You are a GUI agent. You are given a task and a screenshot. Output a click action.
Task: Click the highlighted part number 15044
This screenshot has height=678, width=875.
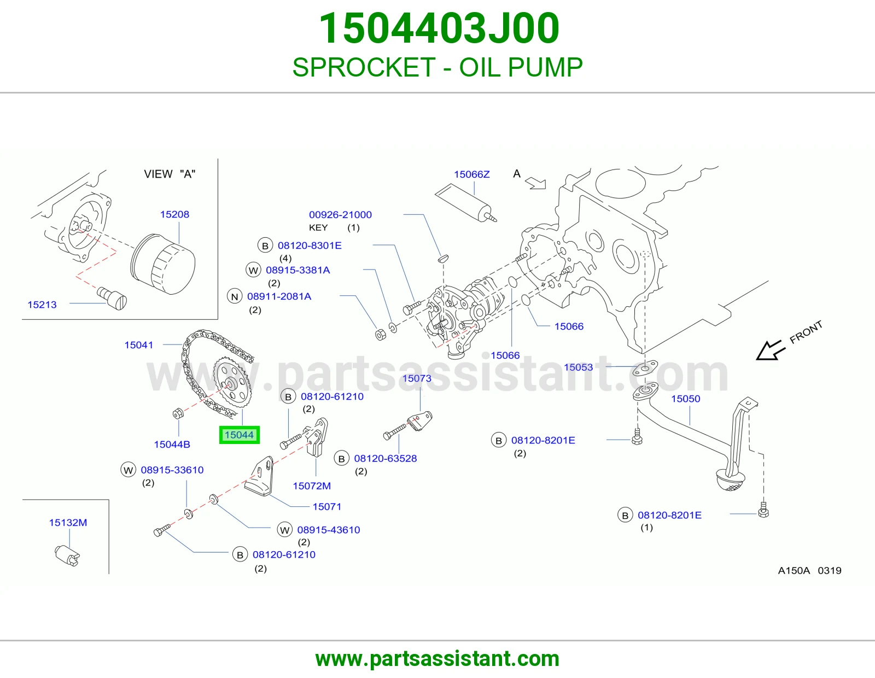click(x=239, y=435)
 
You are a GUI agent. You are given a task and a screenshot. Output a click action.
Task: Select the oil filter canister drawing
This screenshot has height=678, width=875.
click(x=163, y=264)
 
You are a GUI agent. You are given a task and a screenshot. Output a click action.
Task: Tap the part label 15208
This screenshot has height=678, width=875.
click(x=174, y=214)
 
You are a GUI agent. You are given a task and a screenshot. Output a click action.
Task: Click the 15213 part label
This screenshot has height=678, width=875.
click(x=42, y=305)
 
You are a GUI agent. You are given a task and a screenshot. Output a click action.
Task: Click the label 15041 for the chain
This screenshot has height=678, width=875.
click(x=138, y=345)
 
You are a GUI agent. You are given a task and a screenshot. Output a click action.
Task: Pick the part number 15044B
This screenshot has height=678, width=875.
click(x=172, y=445)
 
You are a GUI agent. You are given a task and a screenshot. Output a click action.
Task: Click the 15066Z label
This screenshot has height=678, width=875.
click(x=472, y=174)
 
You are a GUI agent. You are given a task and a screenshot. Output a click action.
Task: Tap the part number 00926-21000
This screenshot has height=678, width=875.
click(x=340, y=214)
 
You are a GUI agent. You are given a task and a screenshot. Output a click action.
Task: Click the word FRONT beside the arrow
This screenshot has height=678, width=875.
click(x=806, y=332)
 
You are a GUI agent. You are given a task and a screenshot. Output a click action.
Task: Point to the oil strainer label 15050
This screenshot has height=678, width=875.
click(x=685, y=399)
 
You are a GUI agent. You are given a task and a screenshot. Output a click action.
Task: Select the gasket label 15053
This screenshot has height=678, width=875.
click(x=578, y=367)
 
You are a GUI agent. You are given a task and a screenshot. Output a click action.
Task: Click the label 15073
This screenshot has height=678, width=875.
click(x=417, y=378)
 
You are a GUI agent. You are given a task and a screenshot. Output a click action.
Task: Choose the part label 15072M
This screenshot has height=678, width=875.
click(x=312, y=486)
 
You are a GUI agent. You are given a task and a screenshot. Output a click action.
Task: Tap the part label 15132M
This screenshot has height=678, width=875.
click(x=68, y=523)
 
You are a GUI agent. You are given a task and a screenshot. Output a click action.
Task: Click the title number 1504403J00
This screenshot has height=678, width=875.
click(x=439, y=28)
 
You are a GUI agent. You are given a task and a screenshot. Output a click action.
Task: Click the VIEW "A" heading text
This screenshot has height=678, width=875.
click(x=170, y=174)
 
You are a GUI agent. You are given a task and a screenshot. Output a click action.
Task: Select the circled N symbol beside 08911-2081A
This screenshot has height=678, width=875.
click(x=235, y=297)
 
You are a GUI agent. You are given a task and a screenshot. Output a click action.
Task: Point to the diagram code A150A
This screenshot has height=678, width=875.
click(x=794, y=570)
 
